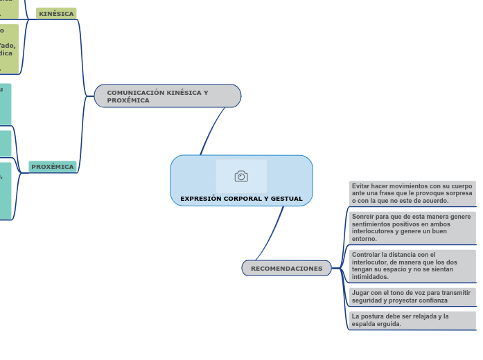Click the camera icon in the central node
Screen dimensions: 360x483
241,177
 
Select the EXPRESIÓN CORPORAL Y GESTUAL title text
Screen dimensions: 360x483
241,199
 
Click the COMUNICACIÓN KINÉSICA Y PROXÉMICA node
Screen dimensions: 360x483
167,96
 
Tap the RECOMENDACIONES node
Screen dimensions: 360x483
286,268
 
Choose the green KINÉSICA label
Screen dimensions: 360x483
56,13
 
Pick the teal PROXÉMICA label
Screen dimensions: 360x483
53,167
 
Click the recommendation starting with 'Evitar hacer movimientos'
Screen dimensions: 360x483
412,193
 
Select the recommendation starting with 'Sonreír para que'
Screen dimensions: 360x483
412,227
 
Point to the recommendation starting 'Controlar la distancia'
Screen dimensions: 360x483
412,265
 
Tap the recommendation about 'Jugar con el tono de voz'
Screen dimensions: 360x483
412,296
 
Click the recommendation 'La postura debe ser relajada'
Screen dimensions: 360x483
412,320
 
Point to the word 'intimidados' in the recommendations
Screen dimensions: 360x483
370,277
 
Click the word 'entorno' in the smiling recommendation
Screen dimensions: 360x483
364,239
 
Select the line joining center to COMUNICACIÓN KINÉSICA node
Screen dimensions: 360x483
211,131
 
